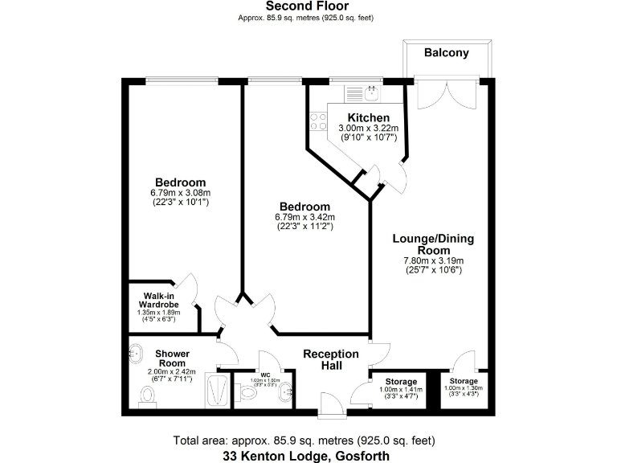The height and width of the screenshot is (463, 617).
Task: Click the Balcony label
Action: click(x=446, y=53)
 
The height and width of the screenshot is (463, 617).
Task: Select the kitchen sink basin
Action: click(x=372, y=94)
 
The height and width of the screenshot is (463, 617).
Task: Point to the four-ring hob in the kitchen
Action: click(x=318, y=121)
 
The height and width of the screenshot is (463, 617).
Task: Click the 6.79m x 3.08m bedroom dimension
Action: click(x=180, y=193)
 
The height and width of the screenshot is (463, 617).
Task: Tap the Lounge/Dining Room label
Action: click(x=433, y=244)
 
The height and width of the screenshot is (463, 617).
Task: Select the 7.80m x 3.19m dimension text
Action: click(x=433, y=260)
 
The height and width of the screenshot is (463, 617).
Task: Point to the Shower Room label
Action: click(x=172, y=359)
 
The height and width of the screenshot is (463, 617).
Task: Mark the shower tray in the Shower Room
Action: click(x=217, y=391)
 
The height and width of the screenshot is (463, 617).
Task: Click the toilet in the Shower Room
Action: click(x=147, y=395)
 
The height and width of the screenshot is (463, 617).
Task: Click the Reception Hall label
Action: click(x=330, y=359)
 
